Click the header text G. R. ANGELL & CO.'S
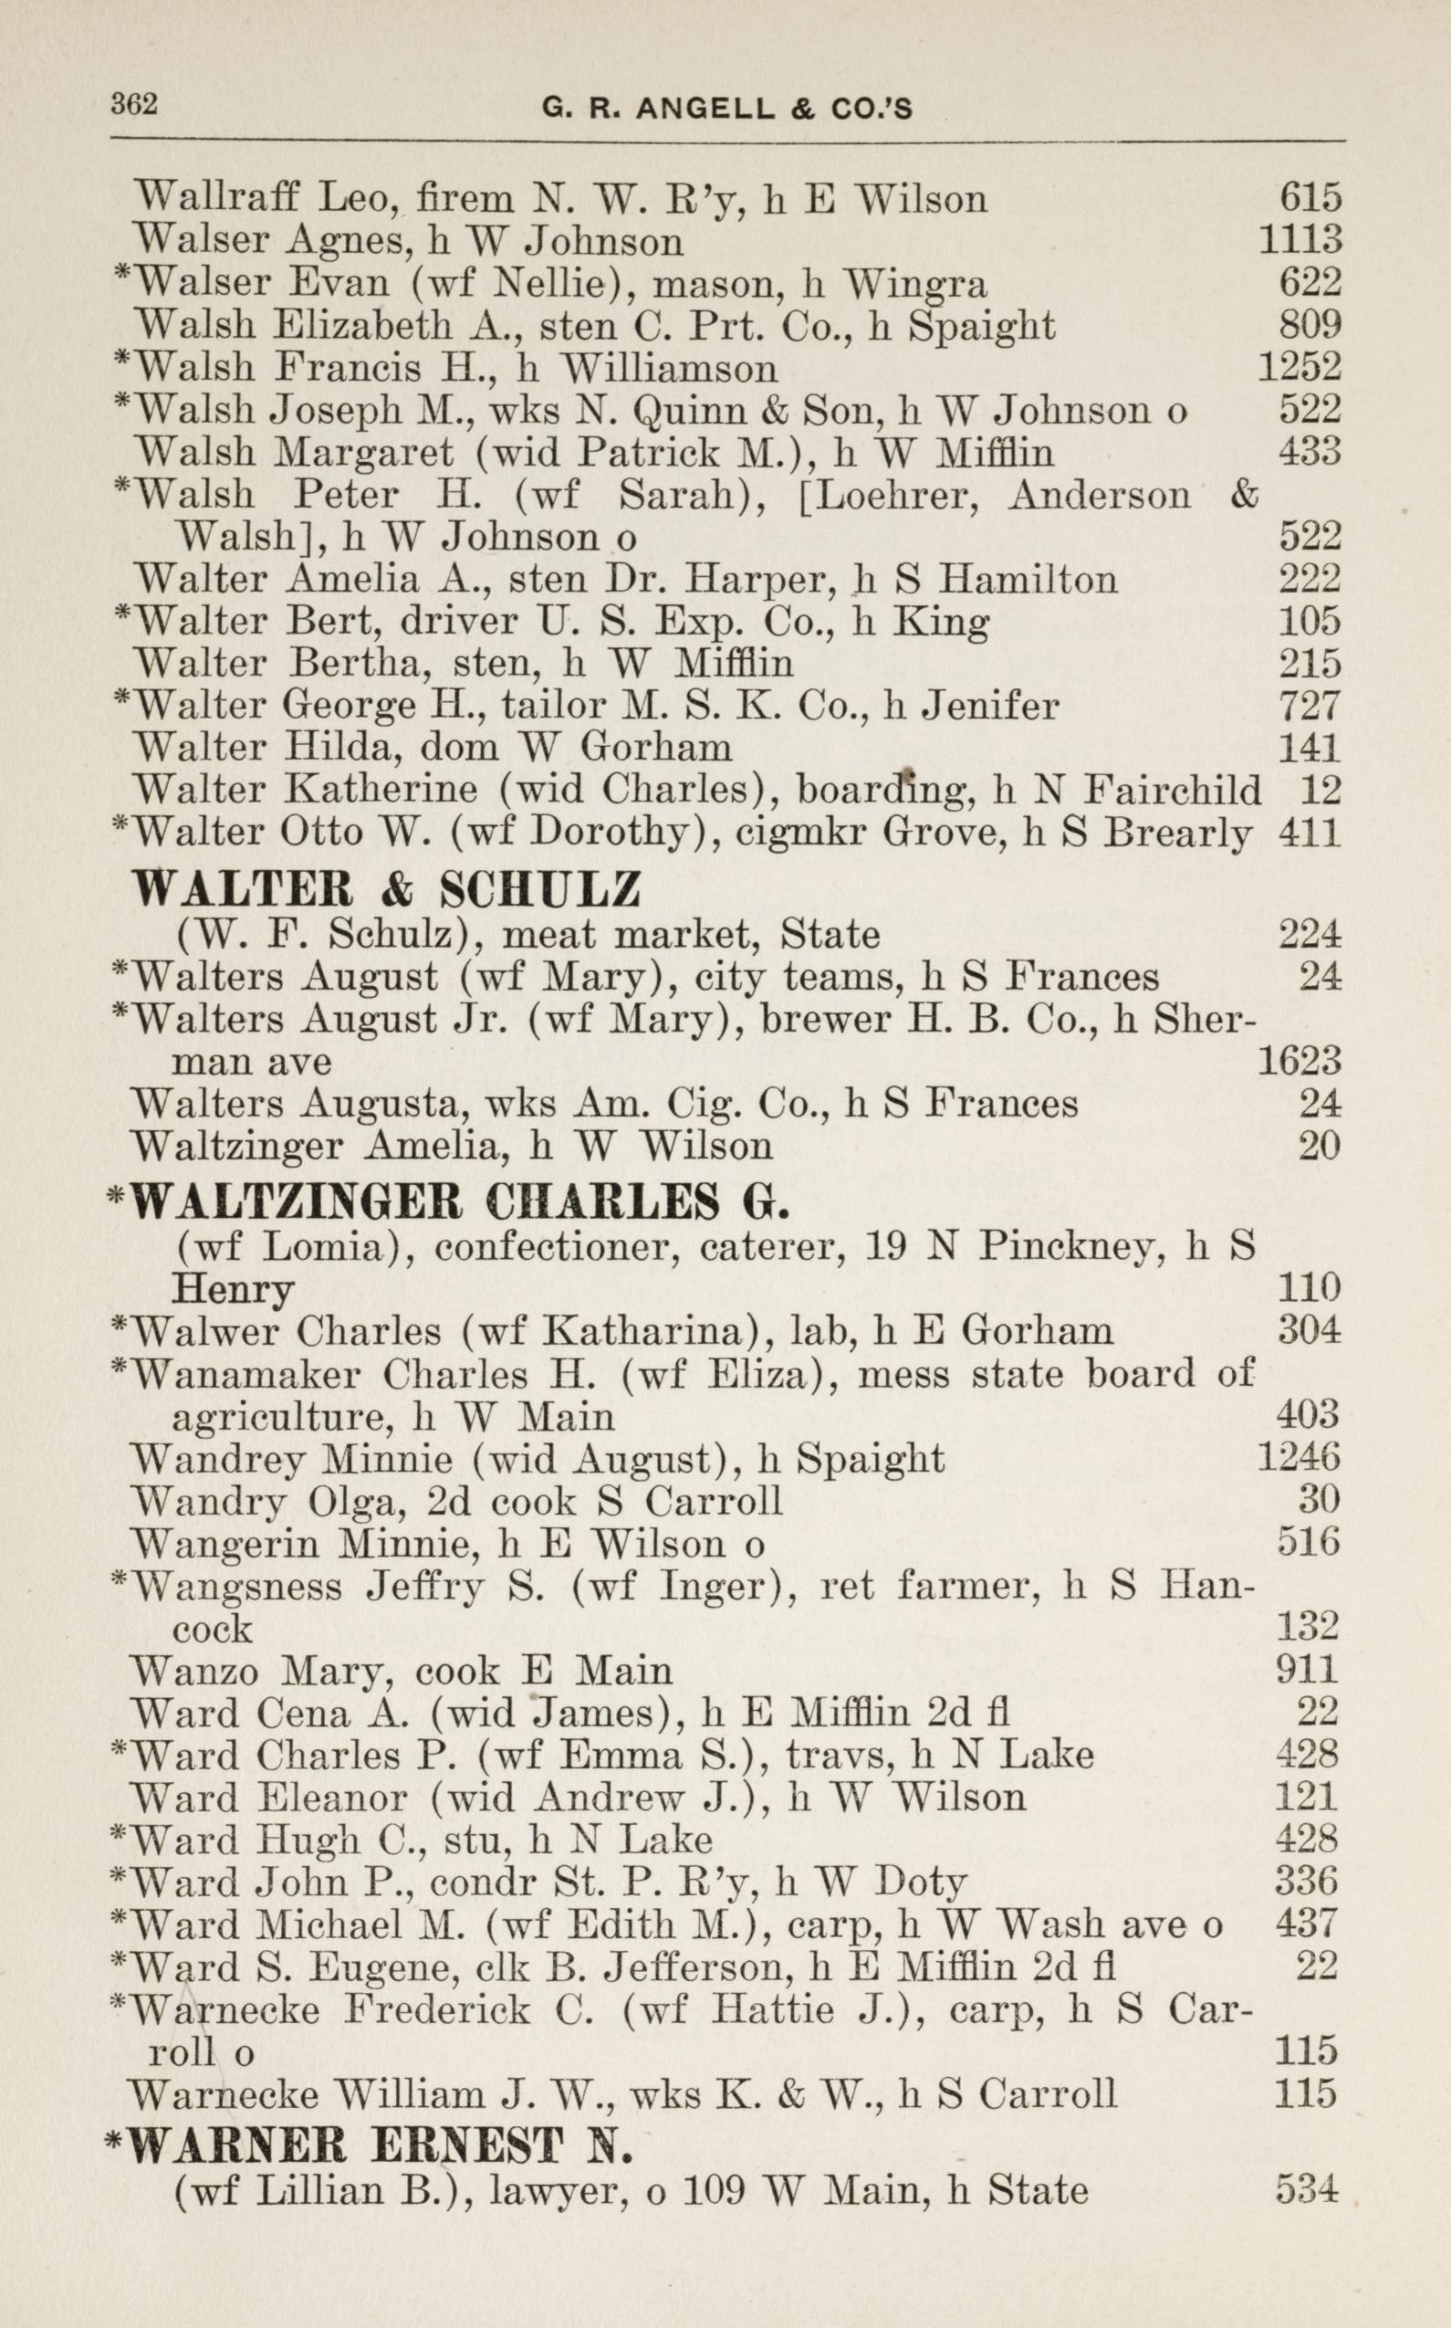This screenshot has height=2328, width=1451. (726, 109)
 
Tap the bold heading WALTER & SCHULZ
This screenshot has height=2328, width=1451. (386, 890)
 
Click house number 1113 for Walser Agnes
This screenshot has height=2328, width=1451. (1300, 240)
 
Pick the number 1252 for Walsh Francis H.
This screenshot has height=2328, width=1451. (1300, 367)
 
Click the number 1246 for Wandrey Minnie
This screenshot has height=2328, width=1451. (1298, 1458)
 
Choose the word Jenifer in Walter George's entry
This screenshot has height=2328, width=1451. (989, 707)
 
